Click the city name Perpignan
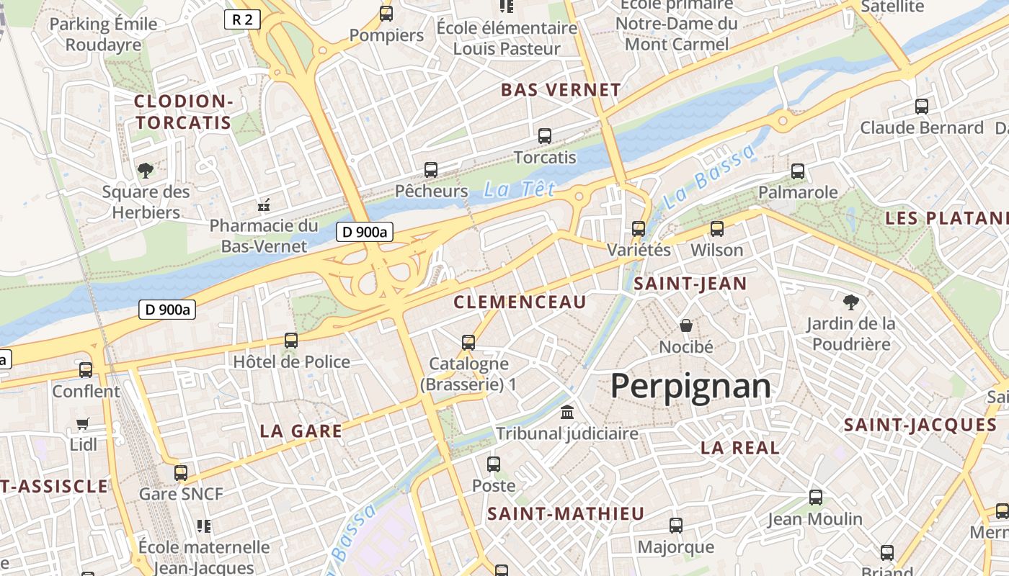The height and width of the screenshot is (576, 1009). (x=690, y=387)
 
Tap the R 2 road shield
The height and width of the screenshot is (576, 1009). (x=241, y=19)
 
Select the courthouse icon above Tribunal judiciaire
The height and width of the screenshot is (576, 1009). (x=567, y=413)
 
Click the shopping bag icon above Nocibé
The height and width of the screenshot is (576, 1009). (x=686, y=325)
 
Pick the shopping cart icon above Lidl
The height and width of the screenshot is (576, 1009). (x=83, y=424)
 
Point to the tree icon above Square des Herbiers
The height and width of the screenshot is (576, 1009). (x=146, y=171)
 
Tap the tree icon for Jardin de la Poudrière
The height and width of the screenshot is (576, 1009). (x=850, y=302)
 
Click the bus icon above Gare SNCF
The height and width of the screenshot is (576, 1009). (x=181, y=473)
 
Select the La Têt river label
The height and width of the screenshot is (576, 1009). (x=520, y=189)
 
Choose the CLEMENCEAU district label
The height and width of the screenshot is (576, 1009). (x=520, y=302)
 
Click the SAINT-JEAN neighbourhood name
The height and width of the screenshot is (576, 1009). (x=690, y=284)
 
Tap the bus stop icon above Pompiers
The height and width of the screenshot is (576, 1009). (x=386, y=14)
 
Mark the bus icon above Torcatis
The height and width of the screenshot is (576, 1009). (x=545, y=136)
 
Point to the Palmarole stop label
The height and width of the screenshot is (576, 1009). (x=798, y=192)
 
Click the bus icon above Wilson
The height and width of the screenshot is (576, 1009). (x=716, y=229)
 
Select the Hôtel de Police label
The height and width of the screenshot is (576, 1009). (x=291, y=361)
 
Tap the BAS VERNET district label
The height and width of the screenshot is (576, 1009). (x=560, y=90)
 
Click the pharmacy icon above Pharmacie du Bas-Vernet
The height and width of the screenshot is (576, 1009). (x=264, y=205)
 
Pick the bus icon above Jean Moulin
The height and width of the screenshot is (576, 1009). (x=815, y=498)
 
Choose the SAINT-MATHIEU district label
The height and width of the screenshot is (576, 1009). (x=565, y=514)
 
